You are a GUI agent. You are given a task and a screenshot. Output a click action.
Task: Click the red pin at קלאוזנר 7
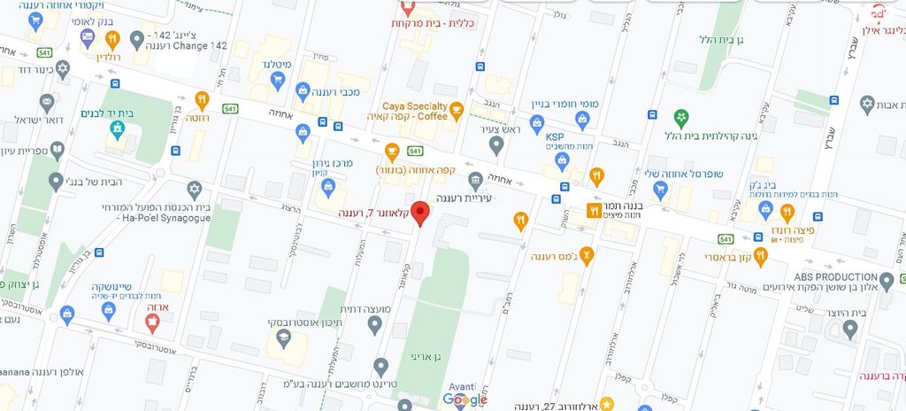pos(421,213)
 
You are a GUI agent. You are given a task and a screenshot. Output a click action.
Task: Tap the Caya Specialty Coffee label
pos(414,112)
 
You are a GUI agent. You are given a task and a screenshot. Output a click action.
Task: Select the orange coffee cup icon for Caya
pos(457,111)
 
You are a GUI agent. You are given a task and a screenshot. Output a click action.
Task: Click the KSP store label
pos(555,136)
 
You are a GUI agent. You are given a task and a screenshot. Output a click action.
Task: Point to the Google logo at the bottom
pos(465,400)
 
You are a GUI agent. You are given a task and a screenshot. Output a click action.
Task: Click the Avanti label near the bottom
pos(461,386)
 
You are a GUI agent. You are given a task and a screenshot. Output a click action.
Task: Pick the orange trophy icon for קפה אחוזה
pos(392,151)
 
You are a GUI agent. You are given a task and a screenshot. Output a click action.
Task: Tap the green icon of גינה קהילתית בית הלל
pos(680,117)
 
